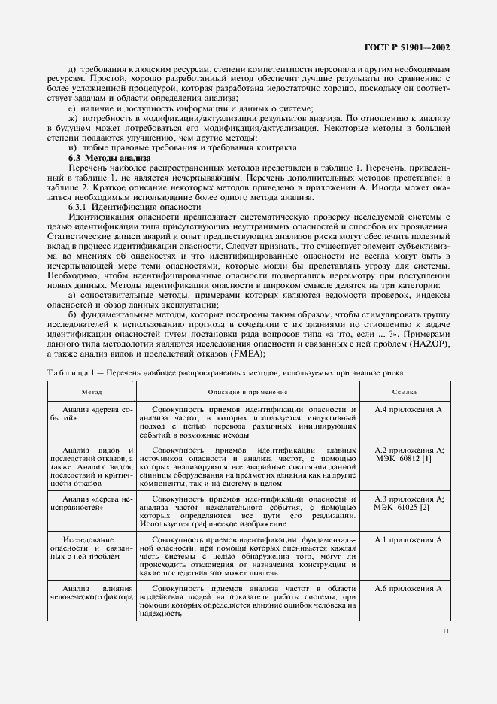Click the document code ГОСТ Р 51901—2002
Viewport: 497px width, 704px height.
[411, 47]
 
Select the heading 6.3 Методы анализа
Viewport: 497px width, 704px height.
[109, 158]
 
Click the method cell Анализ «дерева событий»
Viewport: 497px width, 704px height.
[91, 414]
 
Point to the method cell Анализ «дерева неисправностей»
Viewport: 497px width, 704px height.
[91, 504]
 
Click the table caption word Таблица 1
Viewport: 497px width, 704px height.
[71, 372]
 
